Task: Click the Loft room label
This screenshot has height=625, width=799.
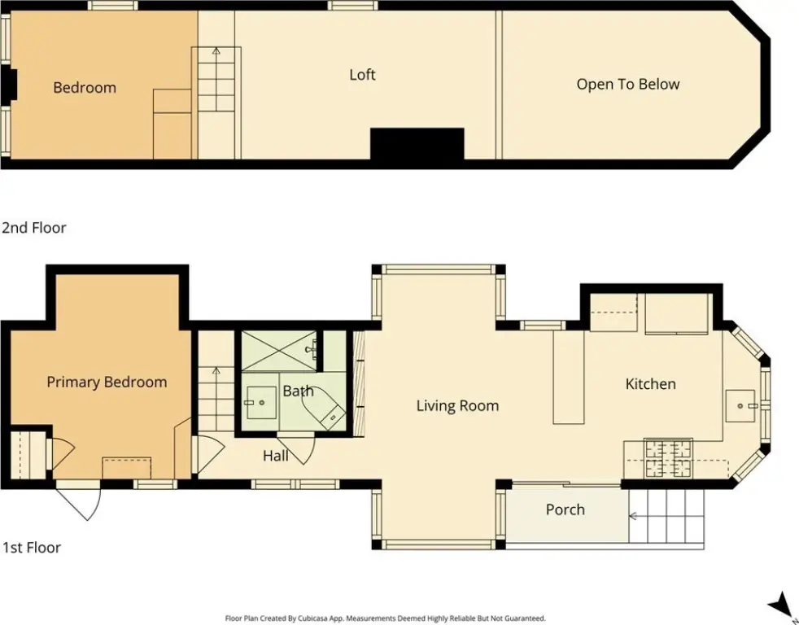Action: (x=362, y=75)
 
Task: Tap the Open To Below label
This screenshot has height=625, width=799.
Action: (x=628, y=84)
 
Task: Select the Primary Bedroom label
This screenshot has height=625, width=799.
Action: (x=107, y=382)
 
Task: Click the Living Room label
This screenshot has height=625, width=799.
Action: (x=457, y=406)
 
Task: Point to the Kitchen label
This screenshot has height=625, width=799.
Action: (x=651, y=384)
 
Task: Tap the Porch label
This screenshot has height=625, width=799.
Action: (x=565, y=509)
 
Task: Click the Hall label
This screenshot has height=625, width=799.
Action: (x=276, y=456)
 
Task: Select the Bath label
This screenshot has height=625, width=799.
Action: (x=298, y=391)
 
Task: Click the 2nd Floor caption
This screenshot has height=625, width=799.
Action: (x=34, y=227)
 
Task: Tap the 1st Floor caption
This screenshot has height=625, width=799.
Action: (x=32, y=548)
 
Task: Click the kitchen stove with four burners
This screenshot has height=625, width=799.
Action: (x=668, y=458)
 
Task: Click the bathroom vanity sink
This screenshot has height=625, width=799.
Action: (x=261, y=402)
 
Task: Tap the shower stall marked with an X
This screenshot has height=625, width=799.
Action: (x=279, y=352)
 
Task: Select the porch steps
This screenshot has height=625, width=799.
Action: (x=666, y=516)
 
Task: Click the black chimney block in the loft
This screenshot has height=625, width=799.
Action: (x=417, y=144)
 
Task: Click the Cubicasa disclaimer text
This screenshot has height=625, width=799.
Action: (x=385, y=618)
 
